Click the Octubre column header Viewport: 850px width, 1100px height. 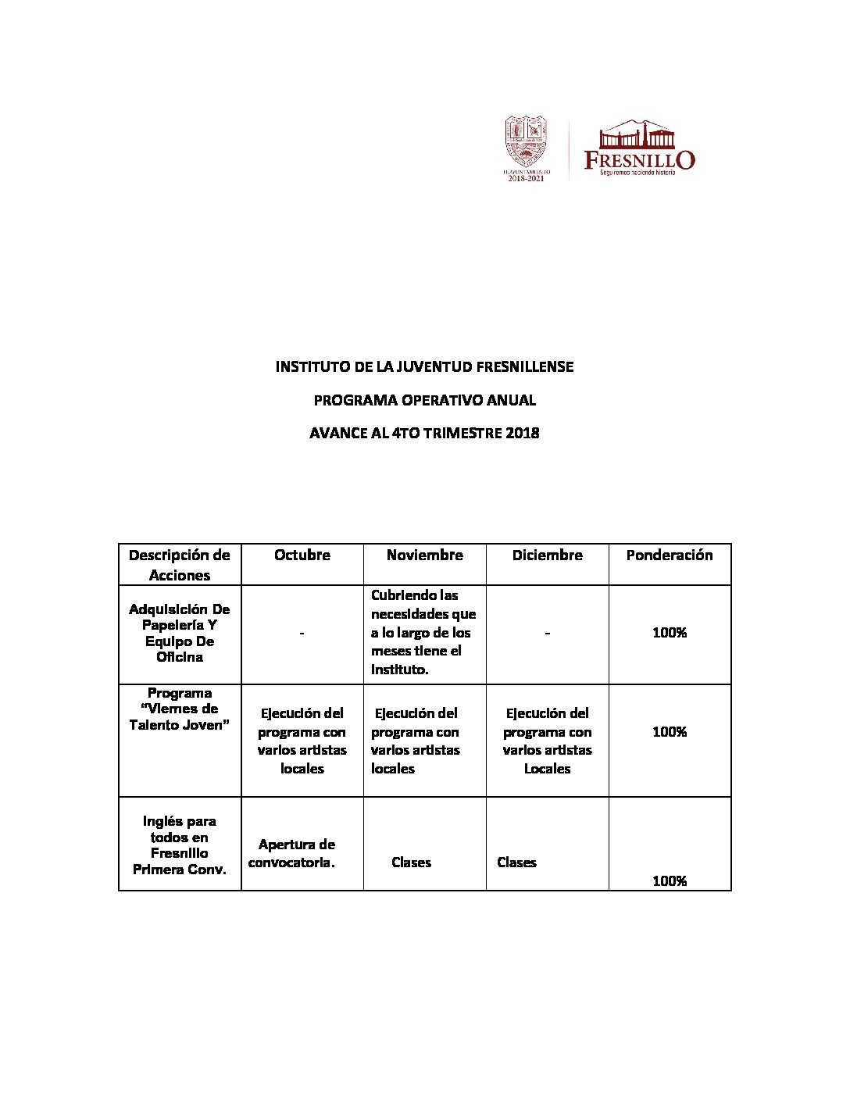302,555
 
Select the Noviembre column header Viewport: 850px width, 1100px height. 424,555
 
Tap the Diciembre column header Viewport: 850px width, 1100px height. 547,555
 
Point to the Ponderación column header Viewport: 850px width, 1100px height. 670,555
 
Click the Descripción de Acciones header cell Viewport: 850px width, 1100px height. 180,565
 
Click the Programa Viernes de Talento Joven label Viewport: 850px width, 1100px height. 180,709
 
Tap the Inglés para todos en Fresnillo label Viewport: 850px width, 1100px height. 180,845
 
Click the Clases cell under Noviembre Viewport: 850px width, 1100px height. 411,862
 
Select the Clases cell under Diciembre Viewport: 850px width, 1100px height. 516,862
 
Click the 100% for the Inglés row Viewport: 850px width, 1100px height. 670,880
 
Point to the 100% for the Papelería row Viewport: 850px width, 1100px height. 670,633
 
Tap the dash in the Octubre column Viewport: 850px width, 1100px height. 302,633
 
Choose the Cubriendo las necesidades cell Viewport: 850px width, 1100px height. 423,632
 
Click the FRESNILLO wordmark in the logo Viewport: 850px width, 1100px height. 639,160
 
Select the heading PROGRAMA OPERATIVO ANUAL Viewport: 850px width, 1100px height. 424,400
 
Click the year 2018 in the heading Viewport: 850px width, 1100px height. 522,433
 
